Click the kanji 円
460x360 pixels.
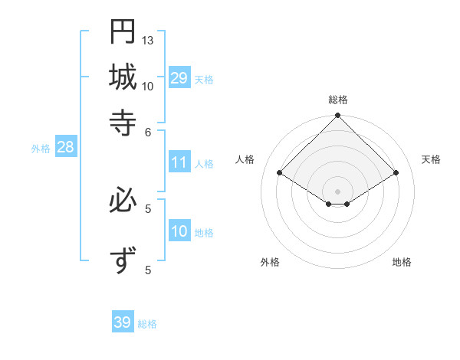click(123, 31)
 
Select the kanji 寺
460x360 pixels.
click(123, 122)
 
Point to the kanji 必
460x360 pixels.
click(123, 201)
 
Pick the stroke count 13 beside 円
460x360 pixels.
click(148, 40)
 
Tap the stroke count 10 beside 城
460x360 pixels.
click(148, 86)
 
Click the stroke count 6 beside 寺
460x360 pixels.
click(148, 131)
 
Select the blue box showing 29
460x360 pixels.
click(179, 78)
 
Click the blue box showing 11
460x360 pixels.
click(179, 162)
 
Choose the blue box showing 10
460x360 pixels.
click(179, 231)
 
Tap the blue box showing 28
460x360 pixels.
click(65, 148)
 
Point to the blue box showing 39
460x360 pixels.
click(123, 322)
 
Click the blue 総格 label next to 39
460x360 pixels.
click(147, 324)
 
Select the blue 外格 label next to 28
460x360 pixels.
click(41, 149)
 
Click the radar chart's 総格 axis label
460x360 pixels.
click(337, 100)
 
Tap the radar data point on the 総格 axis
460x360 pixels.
click(337, 117)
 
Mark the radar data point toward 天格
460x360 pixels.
click(396, 173)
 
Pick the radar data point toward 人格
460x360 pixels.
click(280, 173)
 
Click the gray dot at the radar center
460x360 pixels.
click(337, 191)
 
